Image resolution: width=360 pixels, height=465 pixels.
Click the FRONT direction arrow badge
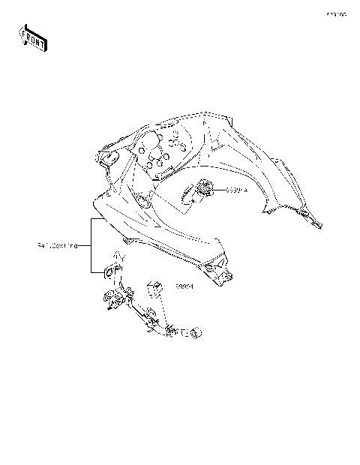tap(32, 38)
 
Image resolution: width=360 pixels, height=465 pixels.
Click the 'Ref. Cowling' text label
tap(57, 245)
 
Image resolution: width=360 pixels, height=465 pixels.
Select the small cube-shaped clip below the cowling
tap(156, 287)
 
